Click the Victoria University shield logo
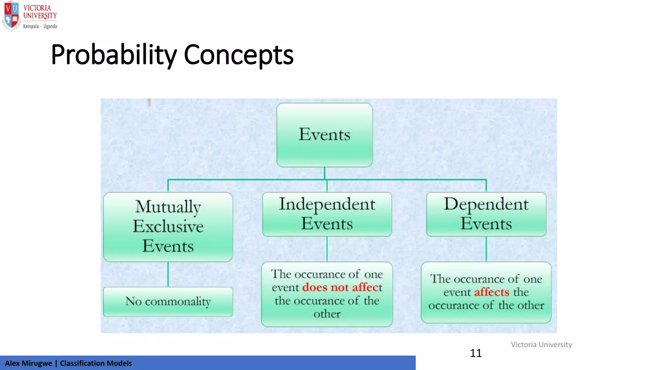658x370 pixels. pos(11,16)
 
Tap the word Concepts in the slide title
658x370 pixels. pos(238,55)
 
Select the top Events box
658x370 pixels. pos(325,135)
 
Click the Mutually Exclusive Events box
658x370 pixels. pos(168,227)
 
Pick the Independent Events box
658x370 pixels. pos(327,214)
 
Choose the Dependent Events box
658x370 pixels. pos(486,214)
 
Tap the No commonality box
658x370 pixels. pos(168,302)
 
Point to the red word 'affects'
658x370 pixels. pos(492,292)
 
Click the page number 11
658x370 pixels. pos(476,353)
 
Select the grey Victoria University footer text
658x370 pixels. pos(541,345)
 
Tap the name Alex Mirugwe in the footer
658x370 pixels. pos(28,363)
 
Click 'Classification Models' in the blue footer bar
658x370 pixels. pos(96,363)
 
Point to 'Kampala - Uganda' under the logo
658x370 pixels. pos(40,26)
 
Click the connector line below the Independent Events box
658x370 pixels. pos(327,249)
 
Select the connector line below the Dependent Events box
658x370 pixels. pos(486,249)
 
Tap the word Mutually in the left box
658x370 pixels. pos(168,207)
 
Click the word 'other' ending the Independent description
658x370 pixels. pos(327,314)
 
